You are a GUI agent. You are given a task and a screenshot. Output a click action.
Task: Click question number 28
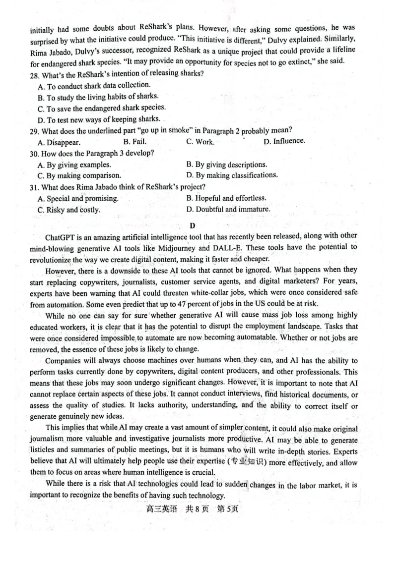click(34, 74)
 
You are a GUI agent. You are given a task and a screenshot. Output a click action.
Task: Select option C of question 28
click(101, 108)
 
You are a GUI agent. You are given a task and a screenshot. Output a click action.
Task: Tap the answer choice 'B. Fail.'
click(134, 142)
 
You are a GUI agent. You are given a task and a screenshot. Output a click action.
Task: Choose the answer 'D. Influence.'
click(284, 141)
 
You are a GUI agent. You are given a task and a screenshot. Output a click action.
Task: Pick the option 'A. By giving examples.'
click(74, 165)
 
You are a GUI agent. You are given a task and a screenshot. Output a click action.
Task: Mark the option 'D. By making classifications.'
click(232, 175)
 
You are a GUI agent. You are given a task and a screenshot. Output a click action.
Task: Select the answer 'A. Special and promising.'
click(78, 199)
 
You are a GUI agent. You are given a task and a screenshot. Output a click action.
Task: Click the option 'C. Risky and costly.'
click(69, 210)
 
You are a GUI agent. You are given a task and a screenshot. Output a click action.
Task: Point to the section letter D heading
click(193, 226)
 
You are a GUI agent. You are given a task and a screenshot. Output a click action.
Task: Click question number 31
click(34, 187)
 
